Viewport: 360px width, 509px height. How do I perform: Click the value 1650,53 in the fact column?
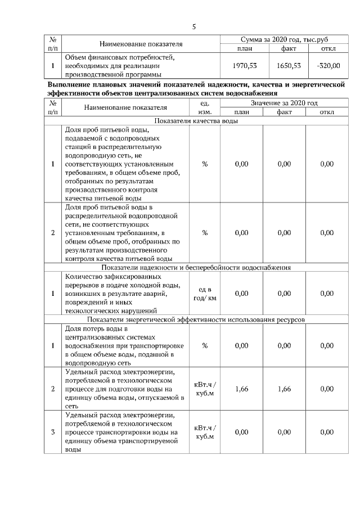tap(289, 66)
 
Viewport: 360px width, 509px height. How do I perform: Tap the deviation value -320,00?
tap(328, 66)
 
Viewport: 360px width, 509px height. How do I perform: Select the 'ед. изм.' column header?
tap(205, 108)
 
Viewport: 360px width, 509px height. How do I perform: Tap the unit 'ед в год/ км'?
tap(205, 293)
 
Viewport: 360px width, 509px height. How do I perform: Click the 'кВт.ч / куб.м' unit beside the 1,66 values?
tap(205, 389)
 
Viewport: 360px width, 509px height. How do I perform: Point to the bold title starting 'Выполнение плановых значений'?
tap(196, 88)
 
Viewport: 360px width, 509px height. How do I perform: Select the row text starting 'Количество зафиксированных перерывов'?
tap(120, 293)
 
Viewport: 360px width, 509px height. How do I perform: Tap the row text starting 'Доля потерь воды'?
tap(120, 345)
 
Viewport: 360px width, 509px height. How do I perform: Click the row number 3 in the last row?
tap(52, 432)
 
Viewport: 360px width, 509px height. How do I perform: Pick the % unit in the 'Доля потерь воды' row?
tap(205, 345)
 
